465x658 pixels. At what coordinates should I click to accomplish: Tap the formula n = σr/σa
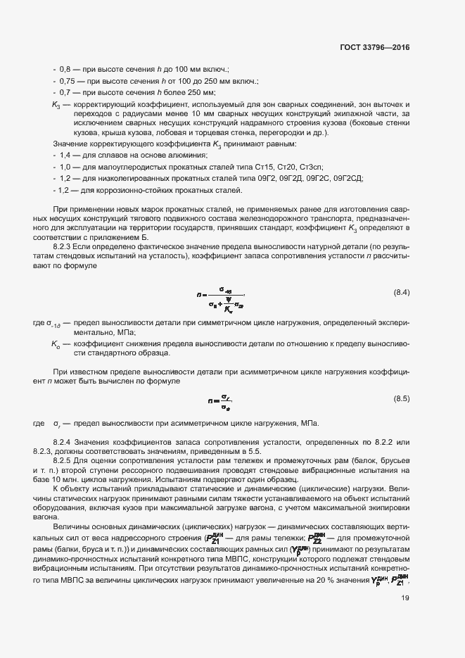point(220,403)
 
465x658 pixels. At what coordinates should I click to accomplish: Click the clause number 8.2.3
point(64,248)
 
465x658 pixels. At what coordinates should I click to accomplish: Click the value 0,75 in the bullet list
point(68,81)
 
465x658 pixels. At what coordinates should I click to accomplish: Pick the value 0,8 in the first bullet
point(66,70)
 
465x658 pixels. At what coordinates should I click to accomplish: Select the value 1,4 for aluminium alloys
point(66,154)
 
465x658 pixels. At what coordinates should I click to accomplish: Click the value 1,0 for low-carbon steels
point(66,166)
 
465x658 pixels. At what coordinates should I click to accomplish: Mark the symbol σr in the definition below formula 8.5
point(59,424)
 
